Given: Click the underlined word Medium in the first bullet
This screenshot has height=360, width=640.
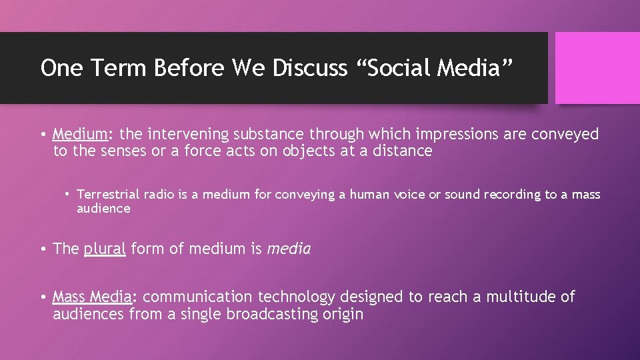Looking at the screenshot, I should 78,134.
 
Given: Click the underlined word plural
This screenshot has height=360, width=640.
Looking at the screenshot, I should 105,249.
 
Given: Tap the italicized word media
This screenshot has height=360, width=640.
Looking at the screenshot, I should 289,249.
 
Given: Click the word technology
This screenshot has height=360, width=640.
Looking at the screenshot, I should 297,297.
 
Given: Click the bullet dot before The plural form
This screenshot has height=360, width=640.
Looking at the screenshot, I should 42,249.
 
